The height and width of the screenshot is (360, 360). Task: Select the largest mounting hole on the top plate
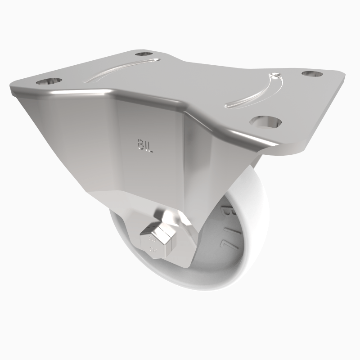coord(265,121)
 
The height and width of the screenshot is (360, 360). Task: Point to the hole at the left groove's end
coord(144,55)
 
